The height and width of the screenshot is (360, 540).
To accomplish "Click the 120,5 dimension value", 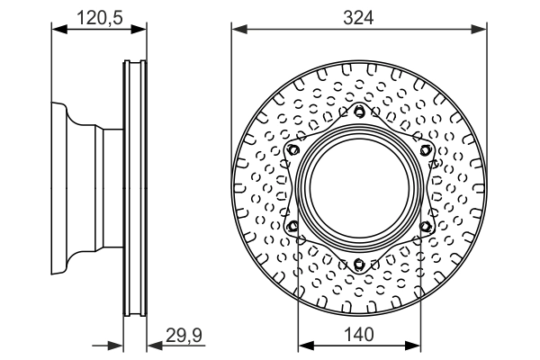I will tap(100, 15).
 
